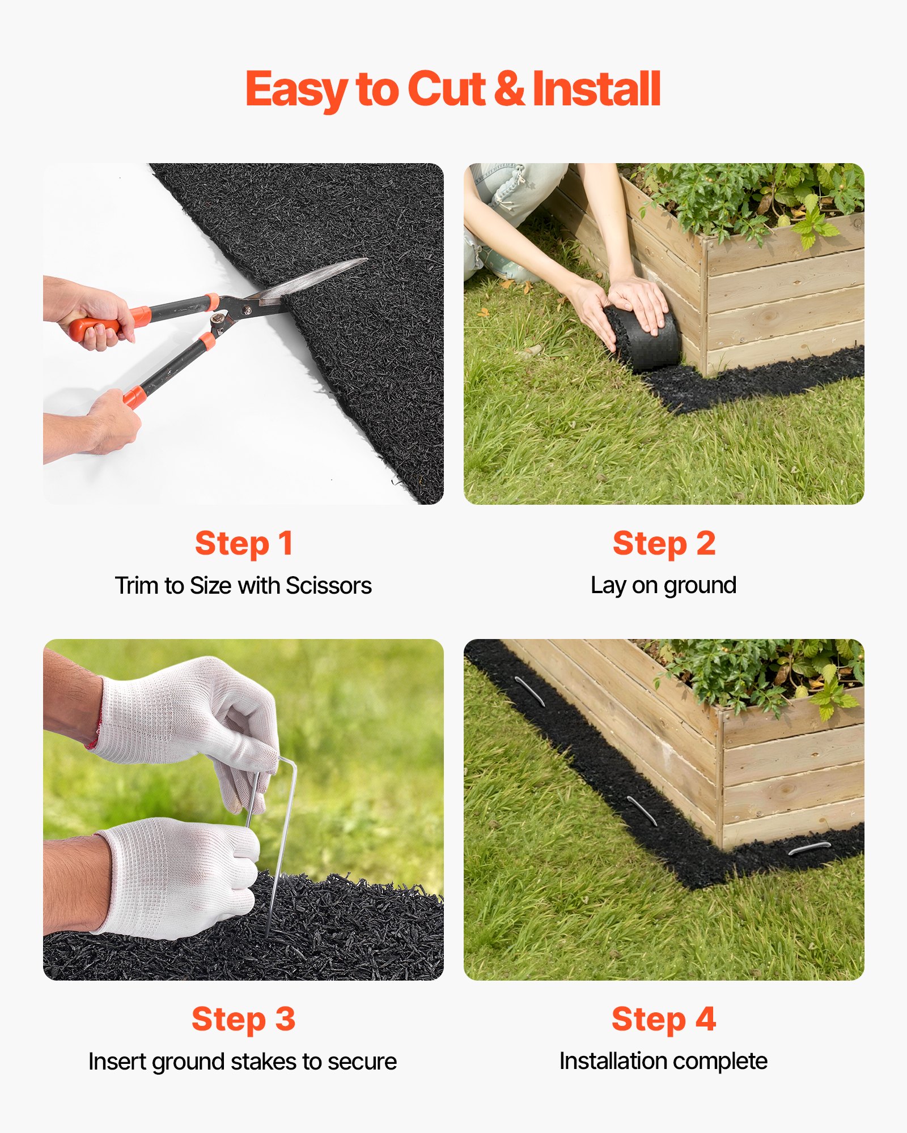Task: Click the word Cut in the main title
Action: [446, 89]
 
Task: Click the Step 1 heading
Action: [244, 543]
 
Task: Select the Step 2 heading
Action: [664, 543]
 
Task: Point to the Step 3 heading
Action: [244, 1019]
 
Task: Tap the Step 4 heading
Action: [664, 1019]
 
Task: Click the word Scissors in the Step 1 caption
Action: [329, 586]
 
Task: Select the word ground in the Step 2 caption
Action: [700, 586]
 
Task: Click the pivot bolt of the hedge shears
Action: [247, 309]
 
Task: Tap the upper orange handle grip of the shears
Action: [96, 326]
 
